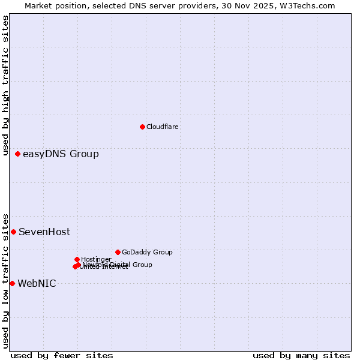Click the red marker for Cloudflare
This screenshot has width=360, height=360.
point(142,127)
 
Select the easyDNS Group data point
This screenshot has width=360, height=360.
point(17,154)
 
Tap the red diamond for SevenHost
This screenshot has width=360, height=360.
point(13,232)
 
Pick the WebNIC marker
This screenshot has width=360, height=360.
point(12,283)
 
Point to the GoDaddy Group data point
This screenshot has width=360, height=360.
point(118,252)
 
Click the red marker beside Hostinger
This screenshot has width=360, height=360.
point(77,259)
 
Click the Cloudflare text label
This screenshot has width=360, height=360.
point(163,127)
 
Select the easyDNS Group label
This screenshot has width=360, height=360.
point(61,154)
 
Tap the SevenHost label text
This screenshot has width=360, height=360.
point(44,232)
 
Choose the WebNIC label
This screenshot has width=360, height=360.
point(37,283)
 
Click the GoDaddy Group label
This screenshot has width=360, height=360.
point(147,252)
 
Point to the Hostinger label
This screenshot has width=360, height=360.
point(96,259)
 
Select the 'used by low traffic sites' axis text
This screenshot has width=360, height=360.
point(5,280)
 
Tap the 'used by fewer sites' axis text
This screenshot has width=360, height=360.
point(62,355)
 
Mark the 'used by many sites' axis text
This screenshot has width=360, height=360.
point(301,355)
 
